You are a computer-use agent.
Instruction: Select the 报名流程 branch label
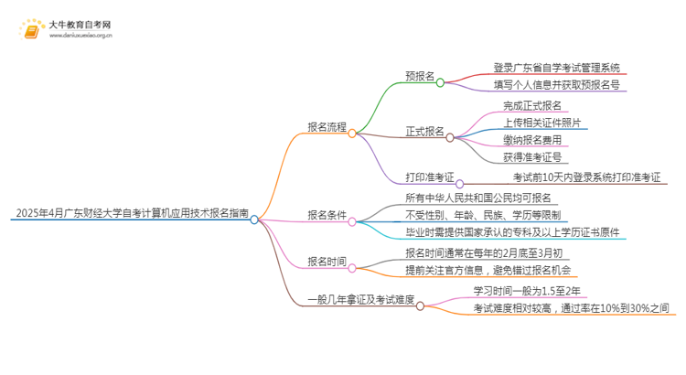pos(327,128)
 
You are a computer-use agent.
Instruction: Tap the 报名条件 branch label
pos(327,215)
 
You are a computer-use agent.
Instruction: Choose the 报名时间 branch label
pos(327,262)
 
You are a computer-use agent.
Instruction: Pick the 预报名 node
pos(419,78)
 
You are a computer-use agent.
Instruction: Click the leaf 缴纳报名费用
pos(532,139)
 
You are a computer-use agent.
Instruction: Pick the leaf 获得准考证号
pos(532,157)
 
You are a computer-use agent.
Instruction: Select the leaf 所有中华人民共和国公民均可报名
pos(481,198)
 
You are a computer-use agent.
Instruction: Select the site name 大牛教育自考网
pos(80,25)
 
